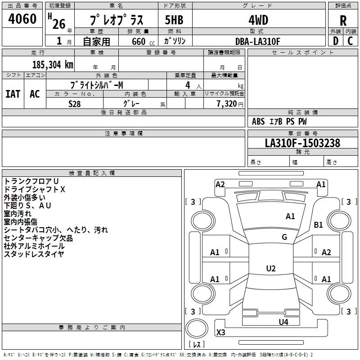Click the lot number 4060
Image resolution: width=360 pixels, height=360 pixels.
(x=22, y=19)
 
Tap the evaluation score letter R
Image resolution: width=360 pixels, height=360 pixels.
(x=343, y=20)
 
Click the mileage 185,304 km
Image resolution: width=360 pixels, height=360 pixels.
(x=53, y=64)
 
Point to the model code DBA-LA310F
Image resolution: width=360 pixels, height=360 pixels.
(x=258, y=41)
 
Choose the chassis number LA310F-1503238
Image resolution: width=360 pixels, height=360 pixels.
(x=302, y=143)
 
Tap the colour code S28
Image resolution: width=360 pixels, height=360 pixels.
(x=75, y=103)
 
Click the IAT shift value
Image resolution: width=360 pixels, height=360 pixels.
(x=13, y=94)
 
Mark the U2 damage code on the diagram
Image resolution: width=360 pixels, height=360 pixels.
(x=270, y=269)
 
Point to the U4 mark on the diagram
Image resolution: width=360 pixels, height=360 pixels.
(x=283, y=322)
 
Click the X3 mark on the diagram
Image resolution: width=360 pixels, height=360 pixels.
(x=221, y=333)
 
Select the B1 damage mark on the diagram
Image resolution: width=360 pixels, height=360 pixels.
(x=319, y=225)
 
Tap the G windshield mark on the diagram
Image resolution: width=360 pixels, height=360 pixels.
(x=284, y=237)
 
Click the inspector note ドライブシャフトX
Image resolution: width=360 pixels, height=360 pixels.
(x=35, y=189)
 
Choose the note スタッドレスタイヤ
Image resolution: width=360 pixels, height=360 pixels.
(x=34, y=254)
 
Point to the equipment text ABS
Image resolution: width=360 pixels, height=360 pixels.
(x=258, y=121)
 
